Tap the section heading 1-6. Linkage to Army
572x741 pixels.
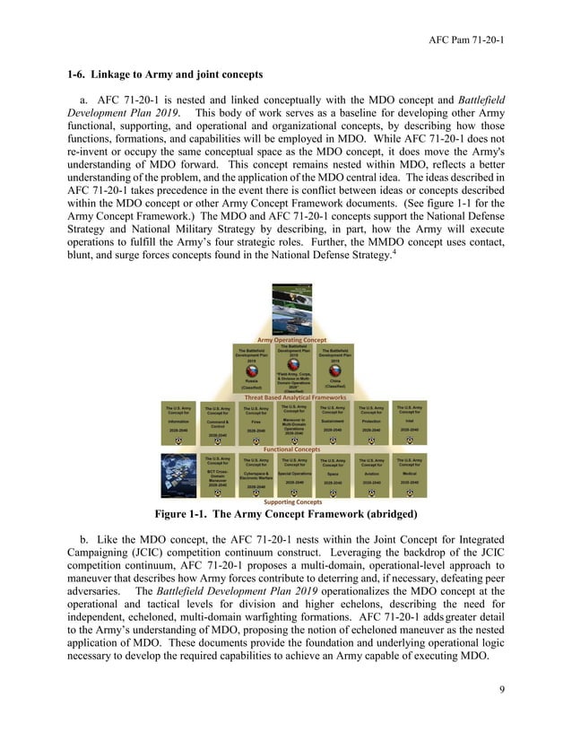tap(165, 74)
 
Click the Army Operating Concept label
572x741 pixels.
tap(292, 340)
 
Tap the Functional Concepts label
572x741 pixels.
tap(292, 449)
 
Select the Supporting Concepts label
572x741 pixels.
tap(292, 502)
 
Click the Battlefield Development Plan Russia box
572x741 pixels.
tap(253, 368)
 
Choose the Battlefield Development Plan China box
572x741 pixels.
tap(334, 368)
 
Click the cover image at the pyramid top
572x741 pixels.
tap(293, 310)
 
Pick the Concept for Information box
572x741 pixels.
tap(179, 423)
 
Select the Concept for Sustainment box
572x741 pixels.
tap(333, 423)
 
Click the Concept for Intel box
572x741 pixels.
tap(409, 422)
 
